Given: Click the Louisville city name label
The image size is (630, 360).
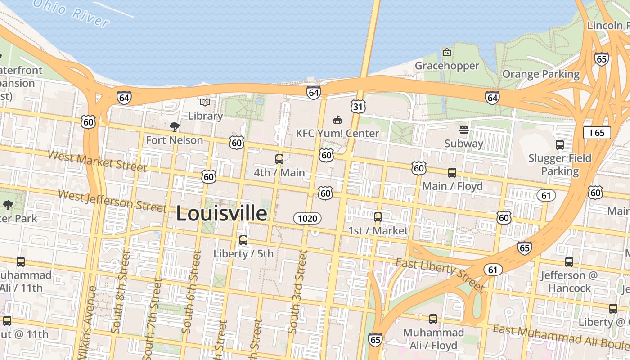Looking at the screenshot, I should [221, 213].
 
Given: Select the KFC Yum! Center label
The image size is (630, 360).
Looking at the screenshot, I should [337, 133].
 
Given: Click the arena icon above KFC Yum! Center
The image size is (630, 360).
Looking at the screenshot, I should [337, 120].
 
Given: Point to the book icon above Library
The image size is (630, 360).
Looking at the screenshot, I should [205, 103].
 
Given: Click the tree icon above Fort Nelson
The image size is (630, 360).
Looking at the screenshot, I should [175, 127].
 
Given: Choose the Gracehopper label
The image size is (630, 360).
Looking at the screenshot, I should [447, 66].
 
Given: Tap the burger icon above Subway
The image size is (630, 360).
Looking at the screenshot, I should [463, 130].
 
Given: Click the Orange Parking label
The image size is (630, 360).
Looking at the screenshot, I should [541, 74].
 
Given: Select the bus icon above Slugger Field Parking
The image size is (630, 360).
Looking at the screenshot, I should [560, 145].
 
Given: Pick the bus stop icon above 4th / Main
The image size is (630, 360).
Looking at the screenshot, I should [279, 159].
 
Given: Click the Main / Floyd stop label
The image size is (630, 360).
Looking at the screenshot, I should [452, 186].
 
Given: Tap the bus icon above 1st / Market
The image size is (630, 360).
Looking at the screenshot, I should [378, 217].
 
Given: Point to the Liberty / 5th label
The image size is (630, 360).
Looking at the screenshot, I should [243, 253].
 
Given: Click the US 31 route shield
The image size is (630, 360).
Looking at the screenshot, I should [358, 107].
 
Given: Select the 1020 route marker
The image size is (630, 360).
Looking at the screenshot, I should [308, 219].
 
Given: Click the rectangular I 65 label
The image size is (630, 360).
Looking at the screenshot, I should [597, 132].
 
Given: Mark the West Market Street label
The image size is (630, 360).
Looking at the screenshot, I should [97, 162].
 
